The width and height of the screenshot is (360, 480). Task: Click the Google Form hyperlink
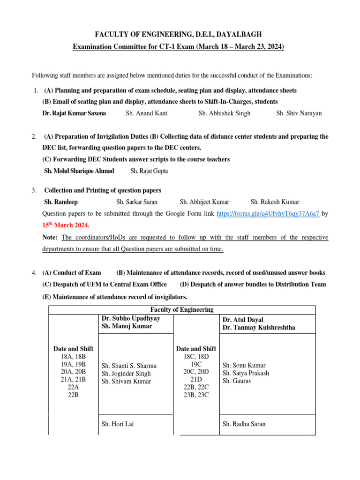pos(268,213)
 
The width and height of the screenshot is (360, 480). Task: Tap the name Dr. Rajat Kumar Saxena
pos(74,113)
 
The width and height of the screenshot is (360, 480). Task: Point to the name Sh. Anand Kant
pos(146,113)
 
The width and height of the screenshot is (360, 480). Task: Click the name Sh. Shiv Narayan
pos(299,113)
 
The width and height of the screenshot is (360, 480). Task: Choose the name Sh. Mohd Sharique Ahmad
pos(79,171)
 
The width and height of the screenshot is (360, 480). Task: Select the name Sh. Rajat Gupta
pos(149,171)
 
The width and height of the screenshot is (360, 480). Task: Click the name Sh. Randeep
pos(61,202)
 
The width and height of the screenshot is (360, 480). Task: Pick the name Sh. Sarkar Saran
pos(137,202)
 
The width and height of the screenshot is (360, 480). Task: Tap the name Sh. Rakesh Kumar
pos(275,202)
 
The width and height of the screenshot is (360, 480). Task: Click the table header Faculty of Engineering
pos(182,310)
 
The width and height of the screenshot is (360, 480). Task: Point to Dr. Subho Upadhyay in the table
pos(131,318)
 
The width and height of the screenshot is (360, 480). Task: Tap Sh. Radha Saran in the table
pos(244,424)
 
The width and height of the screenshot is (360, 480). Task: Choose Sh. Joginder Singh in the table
pos(126,374)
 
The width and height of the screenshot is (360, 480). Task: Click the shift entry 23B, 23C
pos(195,395)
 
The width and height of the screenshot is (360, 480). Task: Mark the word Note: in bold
pos(50,238)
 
